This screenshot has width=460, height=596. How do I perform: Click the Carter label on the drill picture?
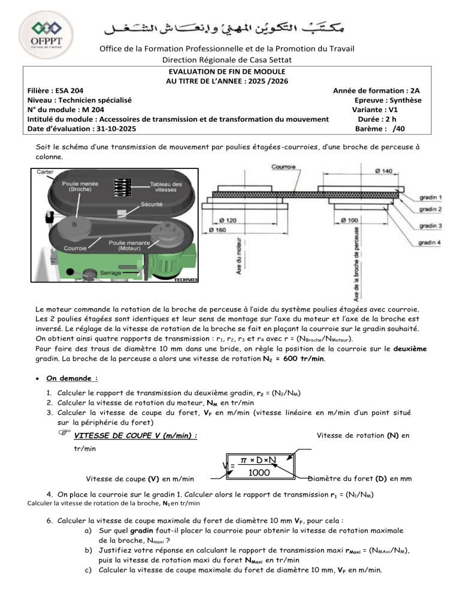pos(44,171)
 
